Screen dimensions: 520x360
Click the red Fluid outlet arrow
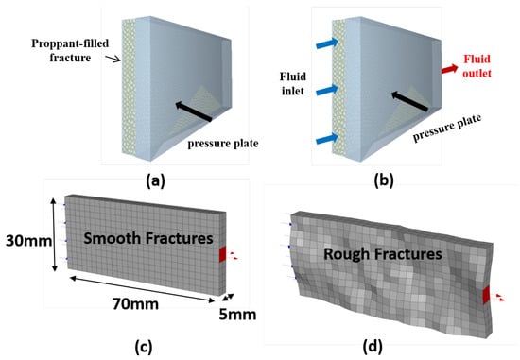tap(449, 69)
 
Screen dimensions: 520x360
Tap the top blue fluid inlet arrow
tap(327, 43)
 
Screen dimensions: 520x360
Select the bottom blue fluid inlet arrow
tap(327, 139)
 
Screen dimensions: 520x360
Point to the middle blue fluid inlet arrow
tap(327, 90)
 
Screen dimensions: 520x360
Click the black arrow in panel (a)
tap(194, 111)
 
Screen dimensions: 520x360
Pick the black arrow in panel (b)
tap(410, 101)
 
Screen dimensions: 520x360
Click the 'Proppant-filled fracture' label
tap(70, 50)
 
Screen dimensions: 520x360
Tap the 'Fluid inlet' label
tap(293, 83)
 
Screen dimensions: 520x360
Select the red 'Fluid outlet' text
tap(477, 66)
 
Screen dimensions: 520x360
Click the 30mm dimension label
tap(28, 241)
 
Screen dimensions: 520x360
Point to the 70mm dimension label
tap(135, 303)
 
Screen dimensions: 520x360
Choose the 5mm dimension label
tap(237, 315)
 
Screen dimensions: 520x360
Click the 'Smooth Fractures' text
tap(147, 238)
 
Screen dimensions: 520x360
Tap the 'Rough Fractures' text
tap(383, 254)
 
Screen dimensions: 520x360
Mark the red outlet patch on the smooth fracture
tap(222, 254)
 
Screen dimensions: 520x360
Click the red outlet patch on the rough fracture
tap(486, 296)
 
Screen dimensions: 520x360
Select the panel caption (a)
tap(156, 181)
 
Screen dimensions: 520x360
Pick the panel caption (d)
tap(373, 347)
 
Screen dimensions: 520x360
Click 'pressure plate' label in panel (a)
tap(223, 144)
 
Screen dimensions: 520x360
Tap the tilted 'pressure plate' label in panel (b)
tap(447, 129)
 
